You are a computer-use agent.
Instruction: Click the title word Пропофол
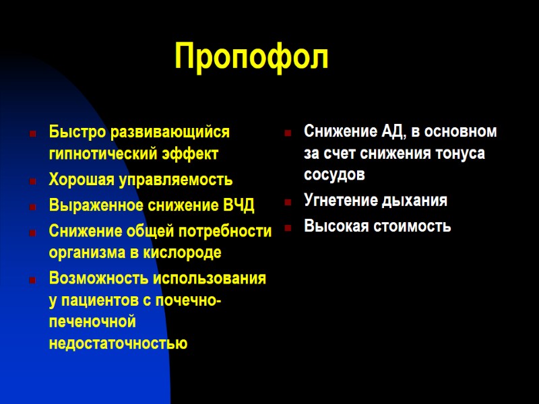click(x=251, y=57)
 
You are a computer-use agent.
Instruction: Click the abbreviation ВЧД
click(x=239, y=205)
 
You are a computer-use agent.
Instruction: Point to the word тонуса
click(x=461, y=154)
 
